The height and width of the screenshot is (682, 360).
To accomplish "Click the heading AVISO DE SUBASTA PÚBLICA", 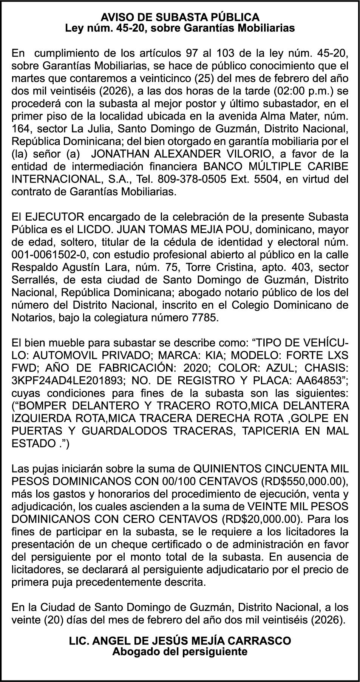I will click(180, 17).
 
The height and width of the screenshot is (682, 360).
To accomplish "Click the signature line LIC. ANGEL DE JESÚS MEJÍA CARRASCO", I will click(180, 641).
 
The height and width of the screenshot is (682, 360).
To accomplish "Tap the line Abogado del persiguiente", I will click(180, 651).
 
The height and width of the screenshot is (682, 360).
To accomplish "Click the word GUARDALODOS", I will click(124, 431).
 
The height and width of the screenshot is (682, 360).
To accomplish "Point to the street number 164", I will click(20, 129).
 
